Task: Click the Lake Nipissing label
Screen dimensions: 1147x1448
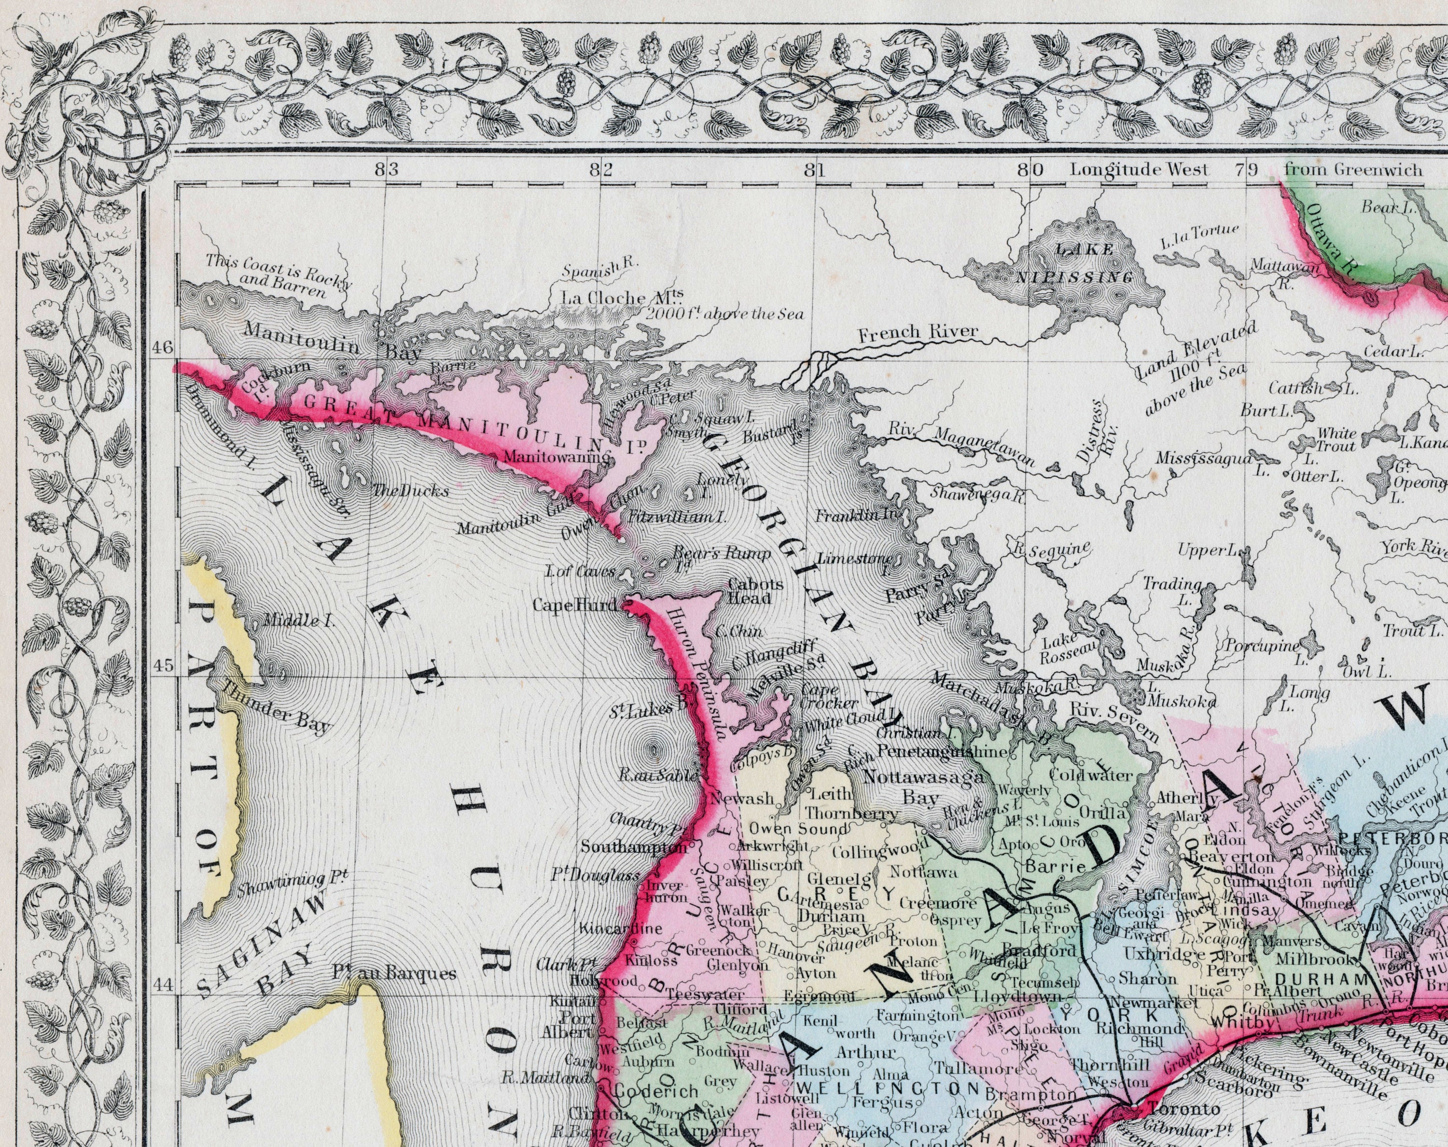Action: (x=1084, y=263)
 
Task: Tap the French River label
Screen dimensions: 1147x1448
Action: (x=918, y=331)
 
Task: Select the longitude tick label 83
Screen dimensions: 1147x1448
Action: (x=387, y=170)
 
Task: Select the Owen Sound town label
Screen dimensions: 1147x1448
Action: (x=798, y=829)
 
